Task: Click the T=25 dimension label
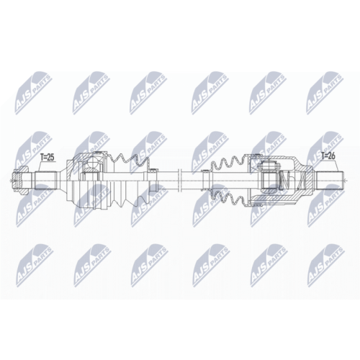click(48, 158)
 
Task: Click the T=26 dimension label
click(328, 156)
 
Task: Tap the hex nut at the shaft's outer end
click(19, 180)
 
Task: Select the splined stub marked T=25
click(46, 180)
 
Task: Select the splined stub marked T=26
click(328, 180)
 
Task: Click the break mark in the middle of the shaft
click(179, 180)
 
